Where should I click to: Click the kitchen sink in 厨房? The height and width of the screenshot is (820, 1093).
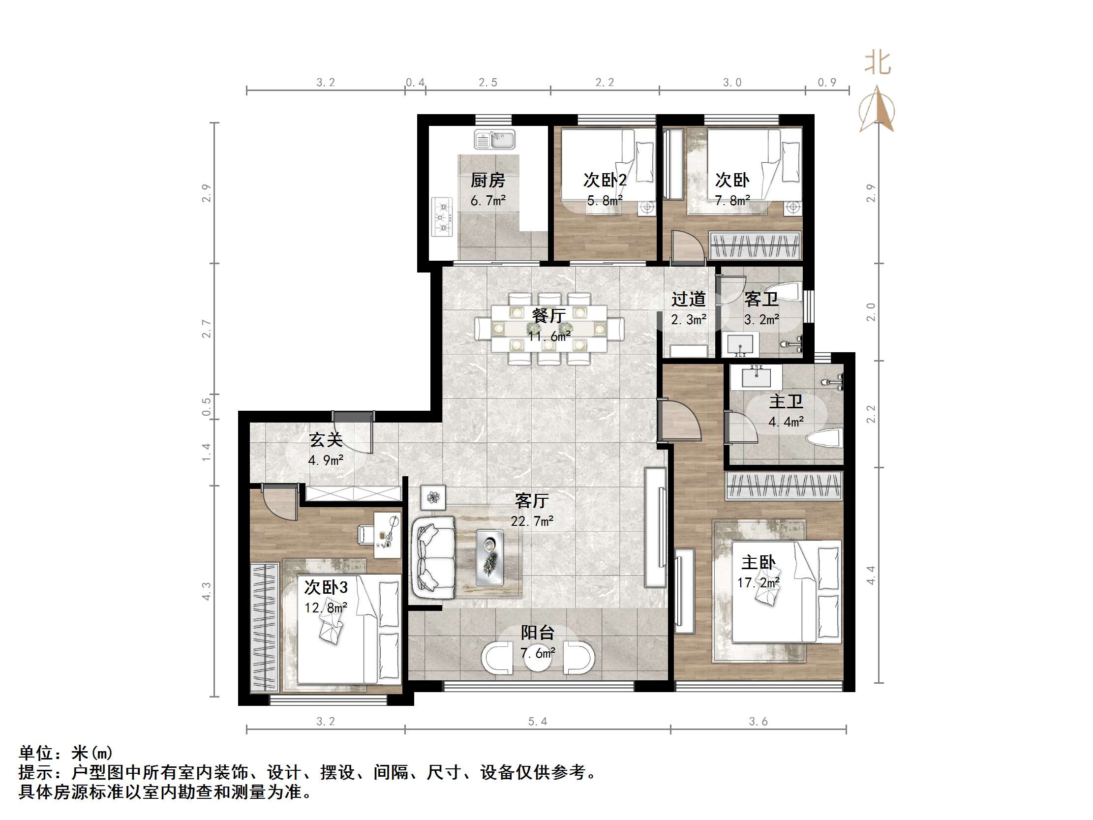coord(495,140)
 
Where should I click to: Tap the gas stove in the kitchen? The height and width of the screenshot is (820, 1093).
coord(442,217)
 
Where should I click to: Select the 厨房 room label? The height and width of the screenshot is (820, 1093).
coord(487,181)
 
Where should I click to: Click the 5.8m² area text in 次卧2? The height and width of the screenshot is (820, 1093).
coord(605,201)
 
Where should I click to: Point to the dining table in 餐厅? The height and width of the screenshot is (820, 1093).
coord(549,328)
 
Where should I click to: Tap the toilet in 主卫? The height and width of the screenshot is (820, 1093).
coord(824,438)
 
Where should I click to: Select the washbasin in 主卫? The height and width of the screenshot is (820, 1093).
coord(756,378)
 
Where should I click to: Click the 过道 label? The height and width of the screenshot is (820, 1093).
coord(688,299)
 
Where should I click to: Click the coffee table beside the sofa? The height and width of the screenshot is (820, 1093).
coord(489,557)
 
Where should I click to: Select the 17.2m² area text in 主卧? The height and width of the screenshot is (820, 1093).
coord(758,583)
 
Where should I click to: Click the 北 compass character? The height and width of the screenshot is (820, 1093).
coord(878,64)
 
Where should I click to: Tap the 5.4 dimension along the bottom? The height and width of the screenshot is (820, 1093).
coord(537,721)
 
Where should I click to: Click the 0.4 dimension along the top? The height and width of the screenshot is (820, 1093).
coord(415,82)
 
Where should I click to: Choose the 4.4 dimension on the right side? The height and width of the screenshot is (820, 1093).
coord(871,576)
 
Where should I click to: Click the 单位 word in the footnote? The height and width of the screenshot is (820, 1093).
coord(35,753)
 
